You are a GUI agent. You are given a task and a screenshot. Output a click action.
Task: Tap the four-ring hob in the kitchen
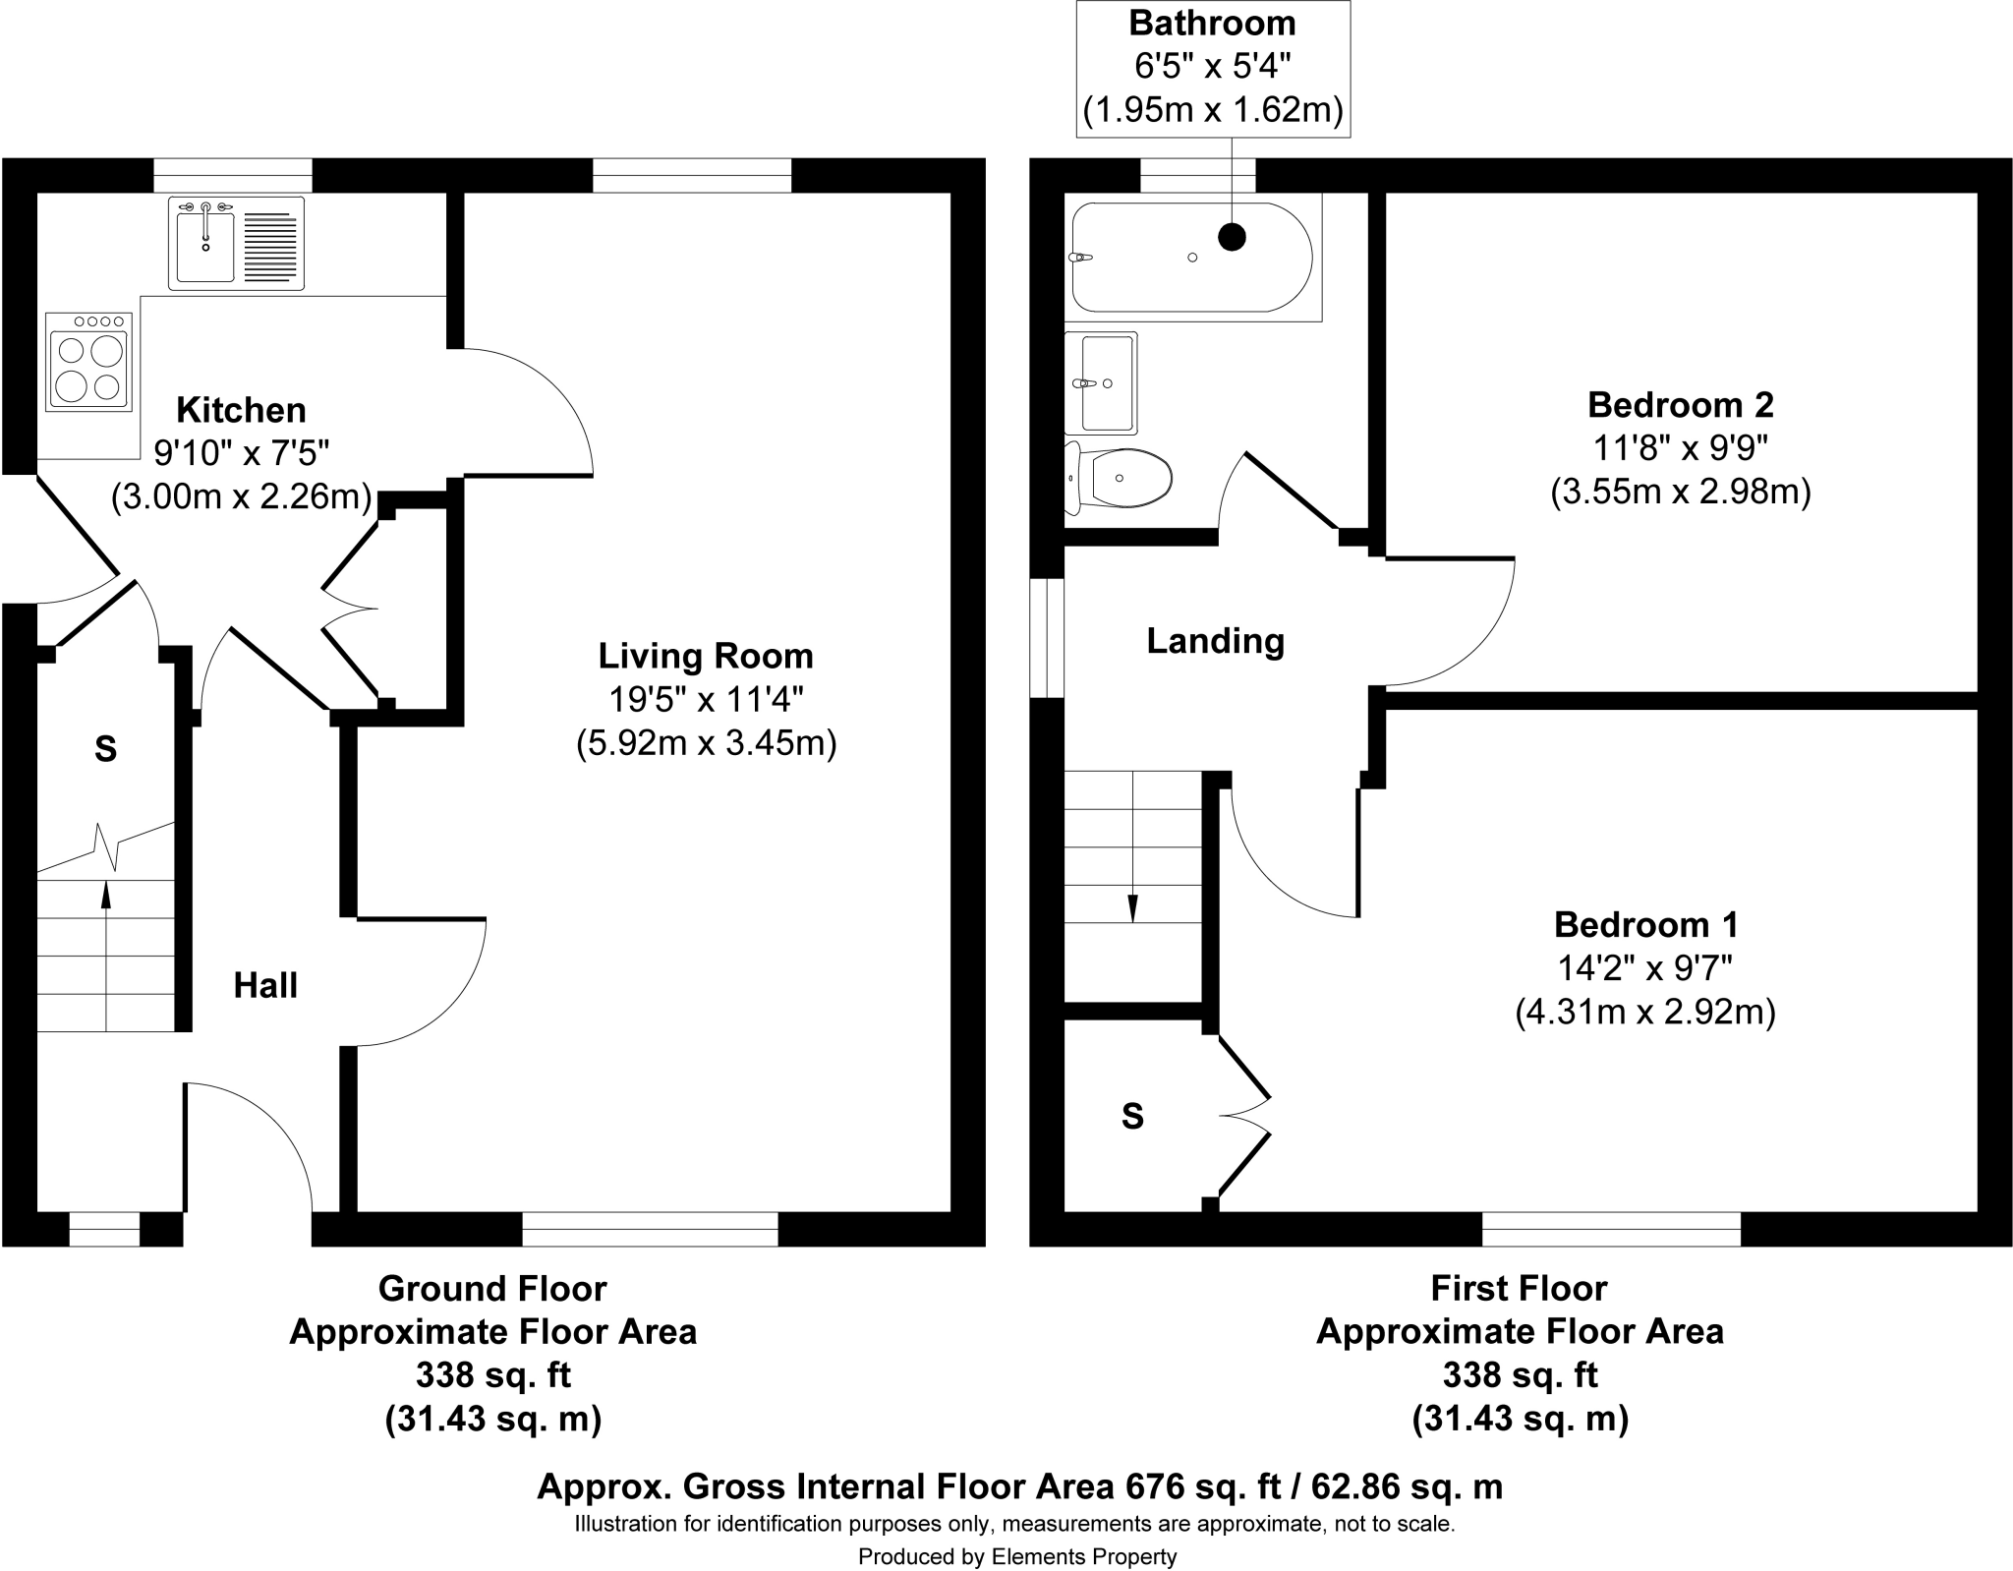coord(89,362)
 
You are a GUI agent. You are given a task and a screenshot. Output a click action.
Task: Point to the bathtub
coord(1191,258)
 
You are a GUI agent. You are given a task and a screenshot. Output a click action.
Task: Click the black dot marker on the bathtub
coord(1232,236)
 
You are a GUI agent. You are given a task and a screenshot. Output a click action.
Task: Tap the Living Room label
coord(706,656)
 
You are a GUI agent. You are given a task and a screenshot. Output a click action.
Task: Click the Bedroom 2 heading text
coord(1680,404)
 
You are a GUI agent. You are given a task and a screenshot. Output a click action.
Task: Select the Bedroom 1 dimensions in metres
coord(1644,1012)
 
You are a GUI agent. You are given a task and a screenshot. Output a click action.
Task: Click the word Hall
coord(265,985)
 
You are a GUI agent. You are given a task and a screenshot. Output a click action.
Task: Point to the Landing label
coord(1215,641)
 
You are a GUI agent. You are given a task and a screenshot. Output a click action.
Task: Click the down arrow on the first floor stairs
coord(1132,908)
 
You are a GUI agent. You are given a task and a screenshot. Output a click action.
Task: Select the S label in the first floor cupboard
coord(1132,1116)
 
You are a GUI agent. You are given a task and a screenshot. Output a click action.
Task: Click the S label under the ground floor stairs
coord(105,750)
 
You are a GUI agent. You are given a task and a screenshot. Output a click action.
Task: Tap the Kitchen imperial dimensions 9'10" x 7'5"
coord(241,453)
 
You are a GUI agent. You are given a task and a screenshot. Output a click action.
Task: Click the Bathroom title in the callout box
coord(1212,23)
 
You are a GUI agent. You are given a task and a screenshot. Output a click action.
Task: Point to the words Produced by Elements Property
coord(1016,1556)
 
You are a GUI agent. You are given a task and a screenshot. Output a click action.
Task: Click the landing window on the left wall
coord(1047,637)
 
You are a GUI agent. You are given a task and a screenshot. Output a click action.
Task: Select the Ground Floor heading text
coord(492,1288)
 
